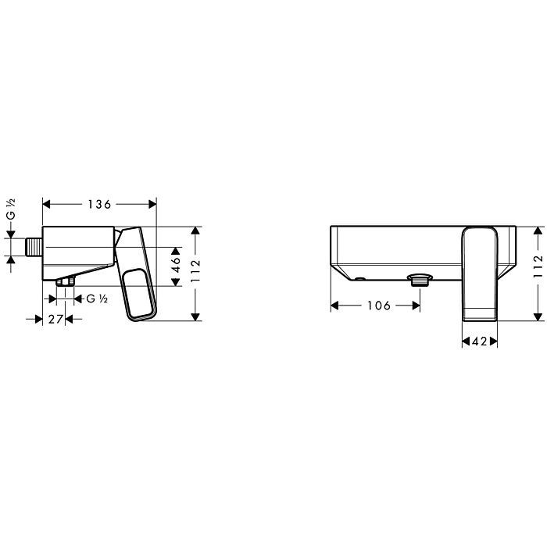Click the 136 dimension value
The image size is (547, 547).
(99, 204)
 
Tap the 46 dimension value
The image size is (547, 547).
(176, 265)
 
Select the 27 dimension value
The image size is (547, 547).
(55, 319)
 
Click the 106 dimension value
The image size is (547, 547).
(379, 306)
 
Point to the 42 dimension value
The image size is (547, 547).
(479, 341)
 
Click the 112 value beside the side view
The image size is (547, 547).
(195, 271)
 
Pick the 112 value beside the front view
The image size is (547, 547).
(538, 266)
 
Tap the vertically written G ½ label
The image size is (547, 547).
(11, 209)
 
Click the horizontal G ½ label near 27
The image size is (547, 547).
(97, 299)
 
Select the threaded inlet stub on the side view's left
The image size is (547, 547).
(34, 247)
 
